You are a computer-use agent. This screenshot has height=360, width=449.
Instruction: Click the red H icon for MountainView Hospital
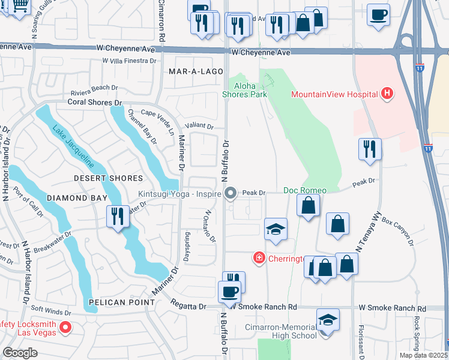tap(388, 94)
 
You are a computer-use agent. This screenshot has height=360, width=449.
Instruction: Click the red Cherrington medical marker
tap(259, 257)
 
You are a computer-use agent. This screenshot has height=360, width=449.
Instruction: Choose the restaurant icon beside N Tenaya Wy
tap(370, 148)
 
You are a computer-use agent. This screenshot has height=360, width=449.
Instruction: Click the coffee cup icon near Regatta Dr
tap(229, 292)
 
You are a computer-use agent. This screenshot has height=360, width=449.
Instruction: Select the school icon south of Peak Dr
tap(276, 229)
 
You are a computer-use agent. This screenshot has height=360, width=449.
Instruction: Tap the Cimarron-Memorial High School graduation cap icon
tap(328, 319)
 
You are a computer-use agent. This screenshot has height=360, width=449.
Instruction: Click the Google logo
tap(20, 353)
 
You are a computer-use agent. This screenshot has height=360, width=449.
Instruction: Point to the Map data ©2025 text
tap(424, 355)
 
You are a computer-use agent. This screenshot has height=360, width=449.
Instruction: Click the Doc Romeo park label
tap(305, 190)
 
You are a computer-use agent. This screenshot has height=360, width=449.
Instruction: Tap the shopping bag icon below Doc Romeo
tap(308, 207)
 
